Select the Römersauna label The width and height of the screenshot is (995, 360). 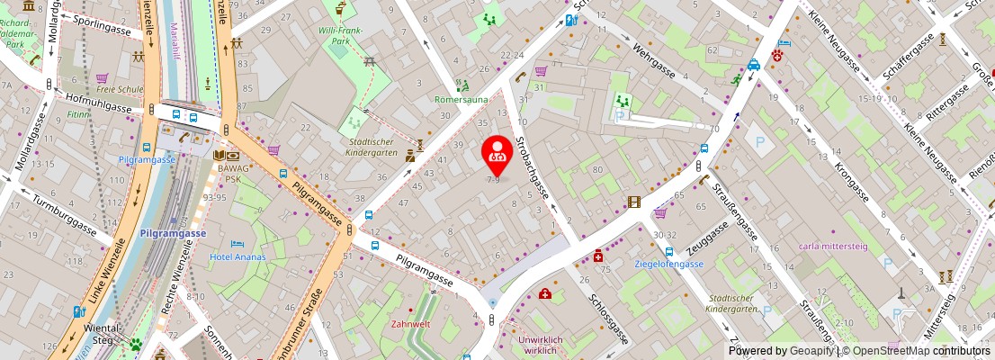[460, 100]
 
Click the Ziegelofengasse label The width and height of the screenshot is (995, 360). [668, 264]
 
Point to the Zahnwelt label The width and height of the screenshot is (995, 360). [409, 323]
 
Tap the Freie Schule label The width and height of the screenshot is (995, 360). [120, 89]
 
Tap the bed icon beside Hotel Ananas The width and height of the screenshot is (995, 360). [238, 243]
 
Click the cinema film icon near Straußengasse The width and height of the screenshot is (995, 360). [635, 202]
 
